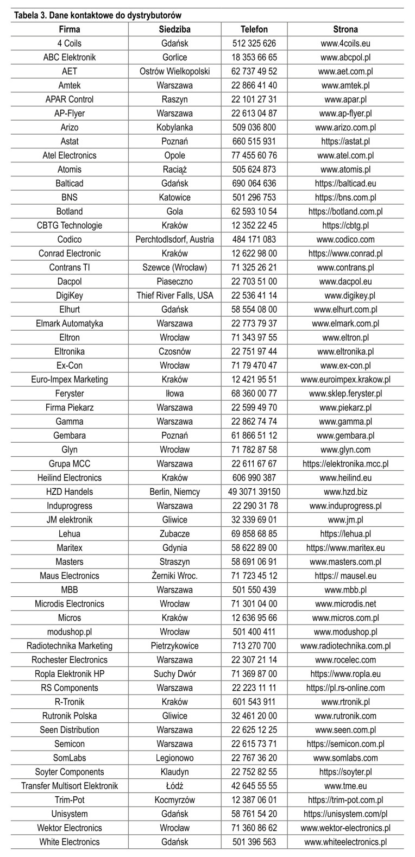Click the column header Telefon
pyautogui.click(x=254, y=29)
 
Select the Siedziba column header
pyautogui.click(x=174, y=29)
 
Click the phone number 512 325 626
pyautogui.click(x=254, y=43)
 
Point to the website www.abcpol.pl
pyautogui.click(x=345, y=57)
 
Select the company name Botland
pyautogui.click(x=70, y=211)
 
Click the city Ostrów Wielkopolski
pyautogui.click(x=174, y=71)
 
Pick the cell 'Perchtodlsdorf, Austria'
pyautogui.click(x=174, y=240)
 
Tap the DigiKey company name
pyautogui.click(x=70, y=295)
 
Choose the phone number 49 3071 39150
pyautogui.click(x=254, y=491)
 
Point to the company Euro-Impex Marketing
pyautogui.click(x=70, y=380)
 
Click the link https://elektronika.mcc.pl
pyautogui.click(x=345, y=464)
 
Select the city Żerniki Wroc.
pyautogui.click(x=174, y=576)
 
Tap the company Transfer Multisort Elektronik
pyautogui.click(x=70, y=786)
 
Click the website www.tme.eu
pyautogui.click(x=345, y=786)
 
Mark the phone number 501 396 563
pyautogui.click(x=254, y=842)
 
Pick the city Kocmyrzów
pyautogui.click(x=174, y=800)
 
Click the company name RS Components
pyautogui.click(x=70, y=688)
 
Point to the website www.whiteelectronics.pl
pyautogui.click(x=345, y=842)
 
